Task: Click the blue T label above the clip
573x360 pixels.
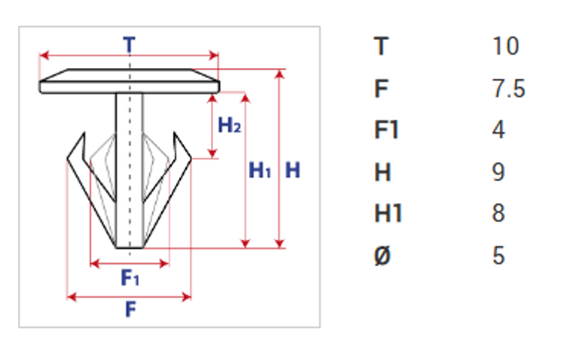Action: [x=129, y=45]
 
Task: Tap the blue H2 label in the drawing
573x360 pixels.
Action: [x=229, y=125]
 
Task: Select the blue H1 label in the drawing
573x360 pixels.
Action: [x=260, y=170]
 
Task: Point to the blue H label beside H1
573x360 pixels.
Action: [x=293, y=170]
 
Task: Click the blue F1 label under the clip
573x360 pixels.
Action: [x=130, y=278]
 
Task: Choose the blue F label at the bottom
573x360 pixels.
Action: [x=131, y=309]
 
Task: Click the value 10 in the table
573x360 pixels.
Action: [x=506, y=46]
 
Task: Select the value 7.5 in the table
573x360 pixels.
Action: [x=509, y=89]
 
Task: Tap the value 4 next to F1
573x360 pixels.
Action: [x=499, y=130]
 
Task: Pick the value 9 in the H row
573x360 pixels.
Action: [x=499, y=172]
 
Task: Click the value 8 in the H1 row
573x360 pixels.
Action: [x=499, y=213]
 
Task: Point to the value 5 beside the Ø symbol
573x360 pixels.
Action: [x=499, y=255]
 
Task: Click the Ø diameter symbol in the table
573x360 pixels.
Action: [x=382, y=255]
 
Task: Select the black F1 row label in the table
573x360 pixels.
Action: [x=386, y=130]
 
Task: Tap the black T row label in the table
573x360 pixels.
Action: [x=381, y=46]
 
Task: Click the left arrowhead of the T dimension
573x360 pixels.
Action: [x=44, y=56]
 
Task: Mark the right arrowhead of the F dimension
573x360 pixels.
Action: [x=186, y=296]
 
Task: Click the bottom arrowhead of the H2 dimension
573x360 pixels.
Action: [x=212, y=153]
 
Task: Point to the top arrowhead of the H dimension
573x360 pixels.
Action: [x=279, y=74]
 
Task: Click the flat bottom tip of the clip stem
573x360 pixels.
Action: [x=129, y=248]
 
